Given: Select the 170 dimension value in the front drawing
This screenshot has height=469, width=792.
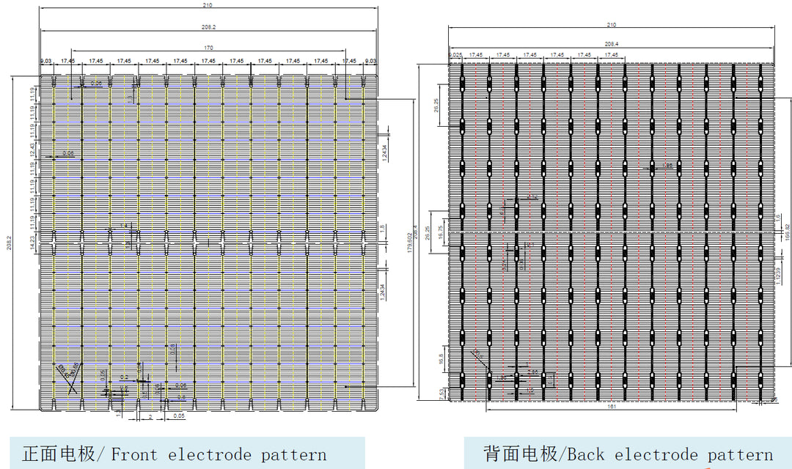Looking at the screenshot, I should (x=208, y=48).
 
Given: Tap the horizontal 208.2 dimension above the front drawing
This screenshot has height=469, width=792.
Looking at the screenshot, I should (x=208, y=27).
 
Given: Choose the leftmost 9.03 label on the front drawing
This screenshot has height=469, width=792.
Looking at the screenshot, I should (x=45, y=61).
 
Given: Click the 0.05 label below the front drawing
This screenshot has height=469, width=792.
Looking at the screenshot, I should (x=178, y=416).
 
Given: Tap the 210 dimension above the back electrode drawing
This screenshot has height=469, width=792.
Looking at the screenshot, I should (x=611, y=25).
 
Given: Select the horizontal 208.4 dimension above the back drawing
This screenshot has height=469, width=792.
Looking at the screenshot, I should (x=611, y=44).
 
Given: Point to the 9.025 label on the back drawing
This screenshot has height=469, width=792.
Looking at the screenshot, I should (x=455, y=55).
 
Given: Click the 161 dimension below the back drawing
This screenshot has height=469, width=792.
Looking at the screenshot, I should (x=611, y=408).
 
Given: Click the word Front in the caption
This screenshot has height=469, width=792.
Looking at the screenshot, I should (x=133, y=454).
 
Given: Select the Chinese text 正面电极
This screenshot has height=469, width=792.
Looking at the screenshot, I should (x=59, y=454).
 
